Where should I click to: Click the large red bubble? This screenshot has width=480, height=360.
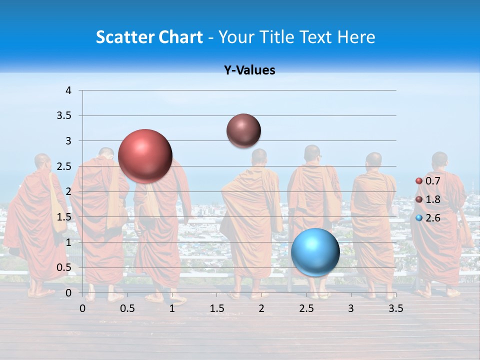145,156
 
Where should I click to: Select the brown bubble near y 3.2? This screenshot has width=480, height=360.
243,130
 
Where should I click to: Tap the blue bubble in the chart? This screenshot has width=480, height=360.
315,252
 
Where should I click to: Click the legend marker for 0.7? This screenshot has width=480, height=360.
419,181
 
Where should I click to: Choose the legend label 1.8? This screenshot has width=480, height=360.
432,199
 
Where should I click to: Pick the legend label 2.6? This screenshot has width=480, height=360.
432,218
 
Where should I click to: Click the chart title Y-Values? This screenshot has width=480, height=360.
249,70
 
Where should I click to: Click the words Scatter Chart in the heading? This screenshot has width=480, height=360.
149,37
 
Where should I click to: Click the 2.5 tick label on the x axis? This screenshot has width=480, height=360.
306,308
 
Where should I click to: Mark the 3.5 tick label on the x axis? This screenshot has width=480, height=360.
395,308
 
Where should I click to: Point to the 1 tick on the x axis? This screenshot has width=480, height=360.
172,308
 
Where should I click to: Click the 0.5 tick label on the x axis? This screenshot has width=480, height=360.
127,308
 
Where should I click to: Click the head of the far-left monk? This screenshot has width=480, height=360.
42,162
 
